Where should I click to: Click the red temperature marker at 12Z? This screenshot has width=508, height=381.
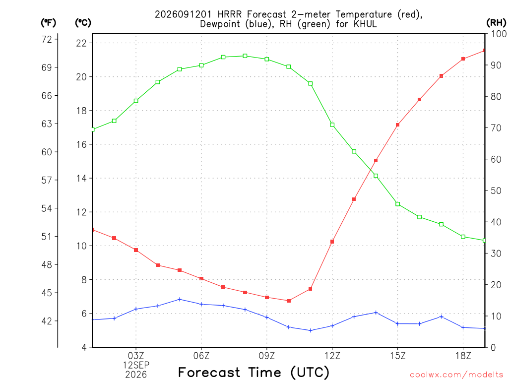coord(332,242)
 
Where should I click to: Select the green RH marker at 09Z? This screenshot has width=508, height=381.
coord(267,60)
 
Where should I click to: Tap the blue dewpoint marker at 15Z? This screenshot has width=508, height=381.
coord(397,323)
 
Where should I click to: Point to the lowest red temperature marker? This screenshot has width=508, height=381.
coord(289,301)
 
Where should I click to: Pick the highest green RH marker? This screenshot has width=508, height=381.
coord(245,56)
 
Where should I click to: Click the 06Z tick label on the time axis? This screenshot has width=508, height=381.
coord(201,356)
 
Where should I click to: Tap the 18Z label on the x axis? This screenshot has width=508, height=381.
coord(463,356)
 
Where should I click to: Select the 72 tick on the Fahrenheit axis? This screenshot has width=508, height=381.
coord(47,40)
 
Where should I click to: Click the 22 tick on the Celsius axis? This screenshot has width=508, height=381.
coord(81,43)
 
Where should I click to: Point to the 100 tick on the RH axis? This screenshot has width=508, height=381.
coord(499,34)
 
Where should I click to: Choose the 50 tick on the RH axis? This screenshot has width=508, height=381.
coord(496,191)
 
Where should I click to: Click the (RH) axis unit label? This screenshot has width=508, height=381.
coord(496,23)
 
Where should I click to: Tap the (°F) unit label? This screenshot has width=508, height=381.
coord(48,23)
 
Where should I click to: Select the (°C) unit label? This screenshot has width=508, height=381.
coord(83,23)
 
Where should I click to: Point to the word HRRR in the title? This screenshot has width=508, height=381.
coord(229,14)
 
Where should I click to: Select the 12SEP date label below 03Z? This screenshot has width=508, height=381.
coord(136,365)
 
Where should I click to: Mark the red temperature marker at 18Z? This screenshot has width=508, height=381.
coord(463,59)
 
